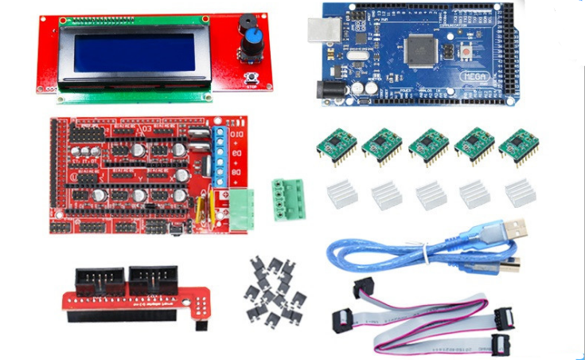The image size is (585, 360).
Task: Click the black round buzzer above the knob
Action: click(248, 23)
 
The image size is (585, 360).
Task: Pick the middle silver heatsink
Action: click(431, 194)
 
